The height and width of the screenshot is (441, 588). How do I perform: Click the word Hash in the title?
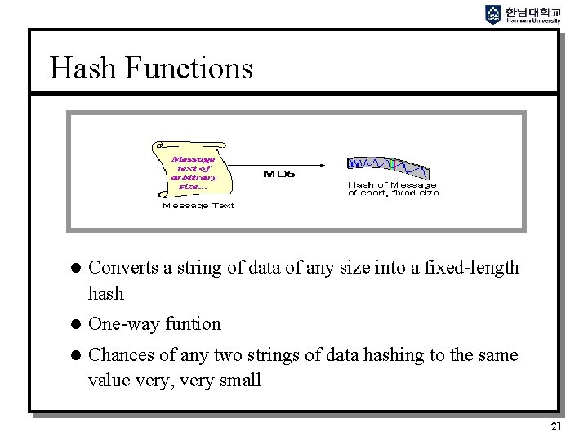click(79, 68)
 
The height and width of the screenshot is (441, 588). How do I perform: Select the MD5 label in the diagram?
click(278, 173)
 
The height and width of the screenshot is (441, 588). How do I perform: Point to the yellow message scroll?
click(189, 168)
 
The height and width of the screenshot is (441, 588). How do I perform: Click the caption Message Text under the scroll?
click(198, 206)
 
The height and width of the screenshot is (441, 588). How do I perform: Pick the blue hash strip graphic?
click(389, 167)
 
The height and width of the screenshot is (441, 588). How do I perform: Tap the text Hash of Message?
click(392, 185)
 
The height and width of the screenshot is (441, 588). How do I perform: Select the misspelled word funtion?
click(193, 323)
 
